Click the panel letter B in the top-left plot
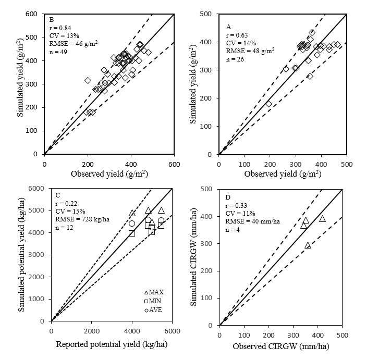click(x=51, y=19)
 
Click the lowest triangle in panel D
click(x=308, y=245)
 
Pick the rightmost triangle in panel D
click(x=322, y=218)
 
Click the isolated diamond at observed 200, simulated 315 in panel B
click(x=88, y=80)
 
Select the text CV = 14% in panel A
click(x=238, y=43)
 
